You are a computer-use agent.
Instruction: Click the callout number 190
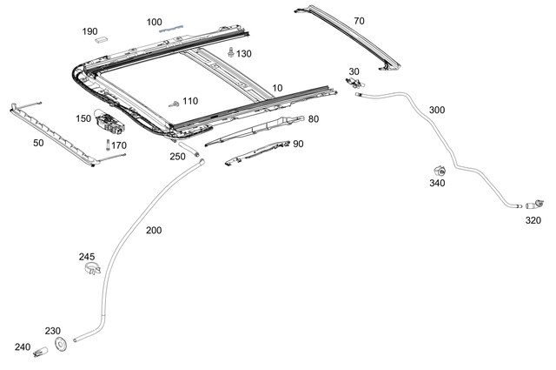click(90, 31)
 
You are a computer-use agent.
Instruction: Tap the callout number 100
click(154, 22)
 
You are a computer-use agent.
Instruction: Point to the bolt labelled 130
click(229, 52)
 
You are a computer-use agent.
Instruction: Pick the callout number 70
click(359, 19)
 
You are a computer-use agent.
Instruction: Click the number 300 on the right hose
click(437, 111)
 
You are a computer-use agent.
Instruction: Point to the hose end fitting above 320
click(538, 203)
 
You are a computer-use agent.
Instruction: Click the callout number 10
click(277, 88)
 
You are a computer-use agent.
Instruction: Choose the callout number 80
click(313, 119)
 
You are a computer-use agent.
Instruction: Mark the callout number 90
click(298, 144)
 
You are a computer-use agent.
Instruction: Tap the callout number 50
click(38, 142)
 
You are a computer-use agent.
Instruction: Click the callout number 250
click(177, 157)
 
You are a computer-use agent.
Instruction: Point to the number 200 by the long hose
click(154, 231)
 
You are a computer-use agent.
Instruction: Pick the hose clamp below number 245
click(89, 271)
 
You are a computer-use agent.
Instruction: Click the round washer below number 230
click(61, 345)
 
